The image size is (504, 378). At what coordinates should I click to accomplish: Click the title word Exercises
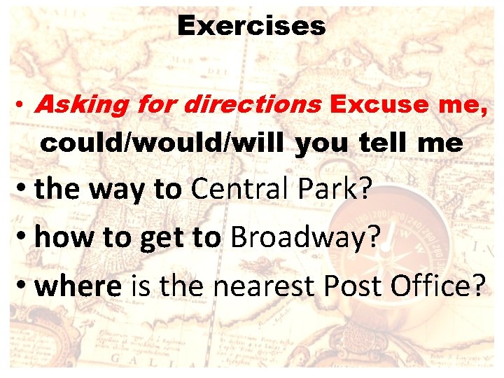tap(251, 27)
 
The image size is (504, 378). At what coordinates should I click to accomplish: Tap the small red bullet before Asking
tap(23, 106)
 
